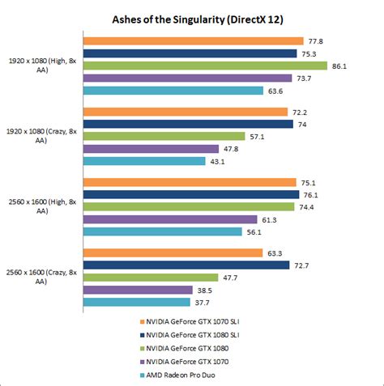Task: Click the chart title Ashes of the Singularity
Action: pyautogui.click(x=191, y=18)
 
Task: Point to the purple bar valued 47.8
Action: pyautogui.click(x=151, y=149)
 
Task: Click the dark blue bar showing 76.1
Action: pyautogui.click(x=191, y=194)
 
